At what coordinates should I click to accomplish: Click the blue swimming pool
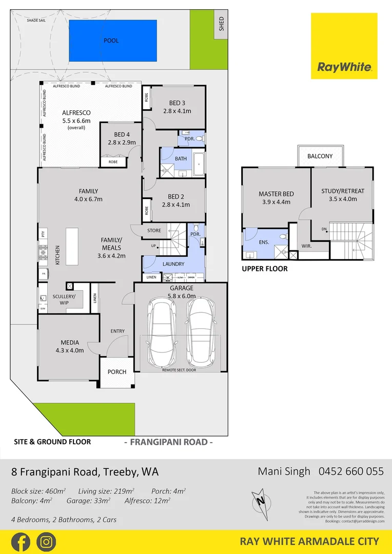(x=111, y=40)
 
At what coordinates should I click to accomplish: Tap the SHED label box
(x=221, y=25)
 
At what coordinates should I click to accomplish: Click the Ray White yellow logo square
(x=344, y=46)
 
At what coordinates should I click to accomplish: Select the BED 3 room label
(x=177, y=103)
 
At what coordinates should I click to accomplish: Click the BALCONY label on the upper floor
(x=320, y=156)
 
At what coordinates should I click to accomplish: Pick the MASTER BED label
(x=276, y=194)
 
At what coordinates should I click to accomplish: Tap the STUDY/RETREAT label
(x=342, y=191)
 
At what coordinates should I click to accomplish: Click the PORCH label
(x=117, y=372)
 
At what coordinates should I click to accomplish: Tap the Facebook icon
(x=20, y=542)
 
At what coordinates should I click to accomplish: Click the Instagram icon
(x=46, y=542)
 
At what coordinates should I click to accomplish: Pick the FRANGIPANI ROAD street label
(x=169, y=442)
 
